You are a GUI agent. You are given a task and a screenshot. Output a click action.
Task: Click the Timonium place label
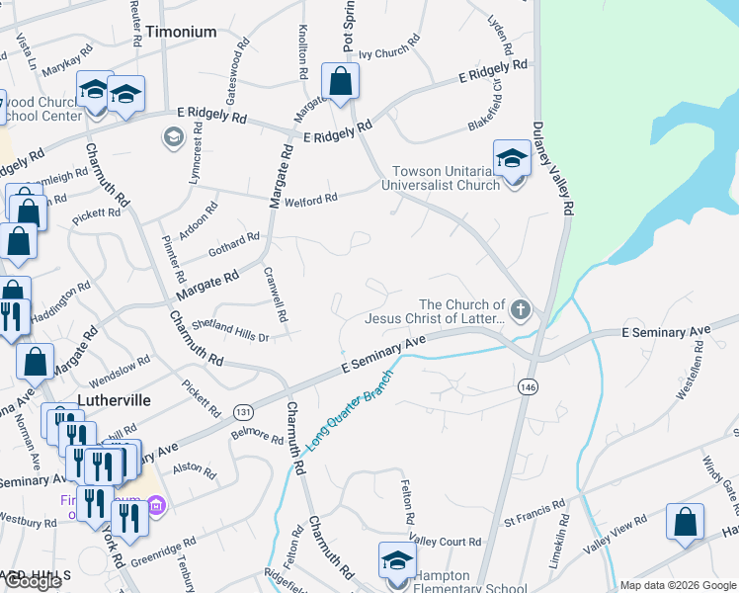coord(181,32)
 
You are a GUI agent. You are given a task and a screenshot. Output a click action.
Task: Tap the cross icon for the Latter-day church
coord(522,311)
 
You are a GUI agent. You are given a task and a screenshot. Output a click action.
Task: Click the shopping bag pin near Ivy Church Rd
coord(340,82)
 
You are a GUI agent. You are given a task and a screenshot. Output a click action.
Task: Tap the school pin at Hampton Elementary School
coord(397,559)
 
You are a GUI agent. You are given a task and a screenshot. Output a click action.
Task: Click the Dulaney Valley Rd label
coord(552,168)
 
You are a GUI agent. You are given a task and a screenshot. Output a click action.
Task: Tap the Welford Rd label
coord(311,199)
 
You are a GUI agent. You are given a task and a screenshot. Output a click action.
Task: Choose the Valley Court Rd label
coord(445,542)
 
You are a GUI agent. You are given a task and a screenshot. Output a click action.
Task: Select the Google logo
coord(33,581)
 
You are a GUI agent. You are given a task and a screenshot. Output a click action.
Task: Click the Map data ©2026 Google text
coord(678,585)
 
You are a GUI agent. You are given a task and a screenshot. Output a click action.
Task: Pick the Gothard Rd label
coord(234,244)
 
